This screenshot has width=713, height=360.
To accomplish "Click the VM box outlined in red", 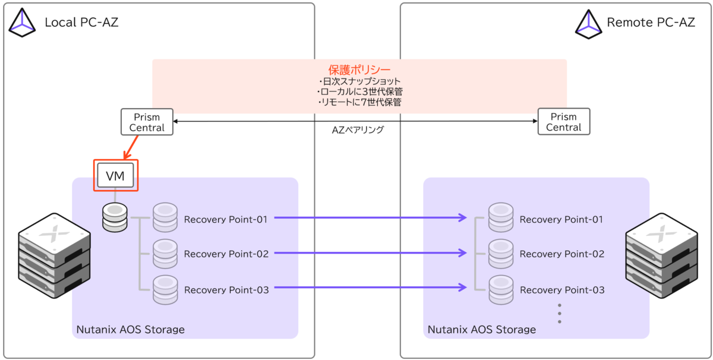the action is coord(115,175).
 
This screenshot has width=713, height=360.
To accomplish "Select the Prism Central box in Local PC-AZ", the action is coord(147,122).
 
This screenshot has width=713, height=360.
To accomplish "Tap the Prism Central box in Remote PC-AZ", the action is coord(564,122).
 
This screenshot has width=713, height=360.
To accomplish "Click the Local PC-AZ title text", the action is coord(81,23).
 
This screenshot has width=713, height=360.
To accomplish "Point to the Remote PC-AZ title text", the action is coord(651,23).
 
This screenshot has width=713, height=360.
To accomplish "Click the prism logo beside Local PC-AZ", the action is coord(22,23).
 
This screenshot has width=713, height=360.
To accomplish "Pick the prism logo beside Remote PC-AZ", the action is coord(589,24).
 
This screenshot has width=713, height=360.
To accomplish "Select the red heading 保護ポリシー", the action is coord(359,70).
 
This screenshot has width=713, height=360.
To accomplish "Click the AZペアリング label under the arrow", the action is coord(358,130).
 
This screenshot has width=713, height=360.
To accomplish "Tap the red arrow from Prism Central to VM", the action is coord(131,147).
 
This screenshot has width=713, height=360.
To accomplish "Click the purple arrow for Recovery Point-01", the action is coord(371,217).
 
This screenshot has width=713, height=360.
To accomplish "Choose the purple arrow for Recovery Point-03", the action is coord(371,288).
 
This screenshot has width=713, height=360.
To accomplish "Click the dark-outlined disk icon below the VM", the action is coord(115,218).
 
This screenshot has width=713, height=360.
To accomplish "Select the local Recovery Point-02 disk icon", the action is coord(165,254).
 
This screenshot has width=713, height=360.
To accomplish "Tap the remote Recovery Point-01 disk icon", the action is coord(501,217).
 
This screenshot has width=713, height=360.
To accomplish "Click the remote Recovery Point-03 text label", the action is coord(562,290).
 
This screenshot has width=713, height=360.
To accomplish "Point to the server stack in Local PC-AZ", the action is coord(55,255).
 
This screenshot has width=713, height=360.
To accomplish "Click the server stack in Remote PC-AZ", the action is coord(661,255).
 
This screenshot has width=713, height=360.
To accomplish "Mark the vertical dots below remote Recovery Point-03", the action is coord(560,314).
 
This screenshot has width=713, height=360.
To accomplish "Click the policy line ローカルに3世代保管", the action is coord(360,91).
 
